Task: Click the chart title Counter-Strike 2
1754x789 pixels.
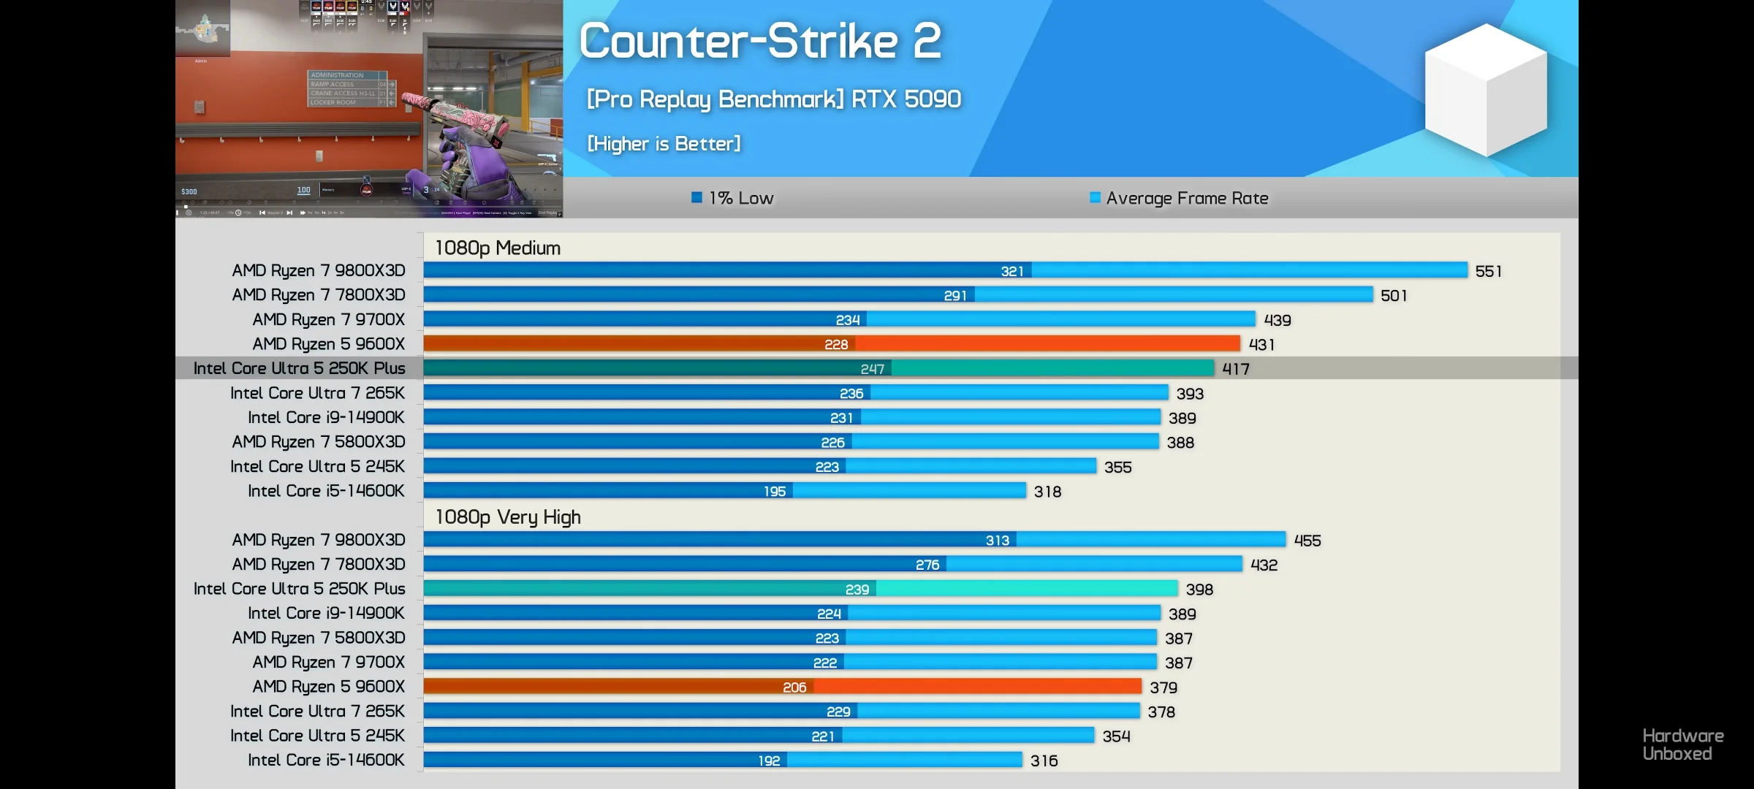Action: click(760, 41)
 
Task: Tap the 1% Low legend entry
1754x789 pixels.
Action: click(732, 198)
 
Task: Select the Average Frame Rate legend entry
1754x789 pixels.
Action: click(1179, 198)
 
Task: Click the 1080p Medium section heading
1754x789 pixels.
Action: click(498, 248)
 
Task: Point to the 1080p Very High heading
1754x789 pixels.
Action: click(508, 517)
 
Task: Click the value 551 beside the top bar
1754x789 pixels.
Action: click(1488, 272)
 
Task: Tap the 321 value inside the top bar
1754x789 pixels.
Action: click(1012, 272)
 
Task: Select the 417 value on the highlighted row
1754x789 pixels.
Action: click(1236, 369)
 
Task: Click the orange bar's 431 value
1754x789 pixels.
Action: click(1261, 345)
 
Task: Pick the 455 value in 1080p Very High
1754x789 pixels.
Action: click(1307, 541)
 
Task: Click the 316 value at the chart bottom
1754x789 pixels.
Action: click(1044, 761)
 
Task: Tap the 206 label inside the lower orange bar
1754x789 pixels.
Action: click(794, 687)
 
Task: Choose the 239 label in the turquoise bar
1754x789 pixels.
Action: click(857, 590)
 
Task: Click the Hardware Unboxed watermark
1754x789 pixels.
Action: click(1682, 744)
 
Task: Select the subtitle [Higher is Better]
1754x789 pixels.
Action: click(664, 144)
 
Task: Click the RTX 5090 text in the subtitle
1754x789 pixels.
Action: click(906, 99)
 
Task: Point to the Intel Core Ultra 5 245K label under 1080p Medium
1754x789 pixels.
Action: click(317, 467)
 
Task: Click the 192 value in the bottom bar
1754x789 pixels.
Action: click(769, 761)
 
